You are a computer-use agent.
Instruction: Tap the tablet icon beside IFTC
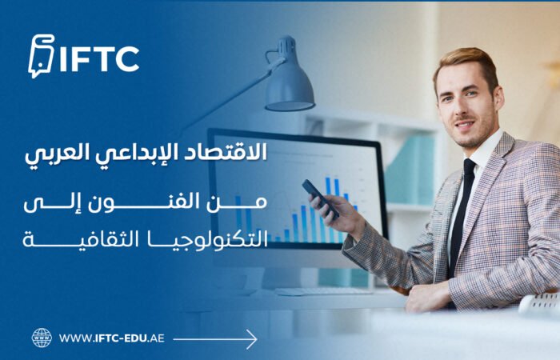click(41, 58)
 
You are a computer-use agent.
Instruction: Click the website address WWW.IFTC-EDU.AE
click(112, 338)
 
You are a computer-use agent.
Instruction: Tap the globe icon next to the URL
click(42, 338)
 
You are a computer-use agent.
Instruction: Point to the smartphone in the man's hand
click(319, 197)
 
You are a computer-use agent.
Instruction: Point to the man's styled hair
click(466, 60)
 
